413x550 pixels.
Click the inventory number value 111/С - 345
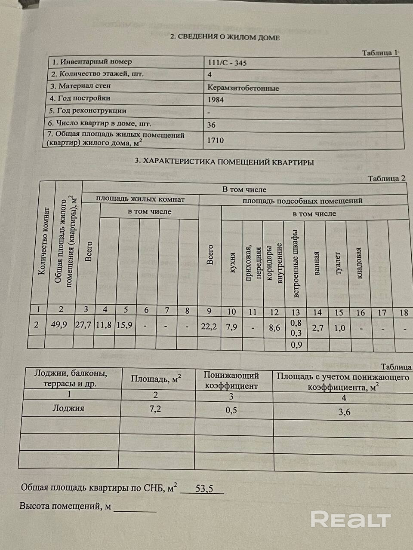227,63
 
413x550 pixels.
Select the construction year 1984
216,100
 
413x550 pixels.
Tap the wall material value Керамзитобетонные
243,88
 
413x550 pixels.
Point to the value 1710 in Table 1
216,140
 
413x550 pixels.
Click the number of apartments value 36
211,125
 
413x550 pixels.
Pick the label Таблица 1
380,53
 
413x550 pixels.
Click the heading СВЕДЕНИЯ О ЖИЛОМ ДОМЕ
225,37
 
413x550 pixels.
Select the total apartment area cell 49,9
59,325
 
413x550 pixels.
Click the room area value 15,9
124,325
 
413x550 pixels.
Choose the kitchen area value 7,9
231,327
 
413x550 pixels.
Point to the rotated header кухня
232,263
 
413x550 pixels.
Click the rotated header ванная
317,263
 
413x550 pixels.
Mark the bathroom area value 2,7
317,328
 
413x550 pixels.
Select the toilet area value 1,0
339,328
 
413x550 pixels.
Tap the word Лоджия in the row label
68,408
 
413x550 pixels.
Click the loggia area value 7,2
155,409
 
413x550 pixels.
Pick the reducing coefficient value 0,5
231,410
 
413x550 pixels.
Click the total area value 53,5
204,489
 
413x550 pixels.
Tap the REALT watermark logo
351,519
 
